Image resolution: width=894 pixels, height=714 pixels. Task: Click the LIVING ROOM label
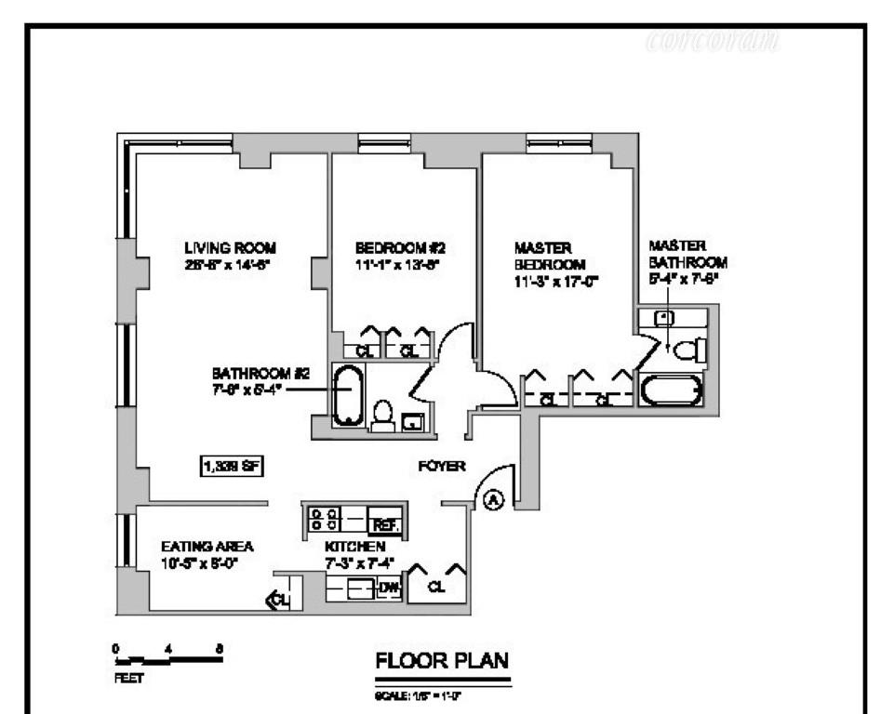point(230,248)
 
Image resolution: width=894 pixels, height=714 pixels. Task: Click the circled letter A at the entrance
point(495,500)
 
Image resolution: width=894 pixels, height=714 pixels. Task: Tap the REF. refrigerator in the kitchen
point(385,524)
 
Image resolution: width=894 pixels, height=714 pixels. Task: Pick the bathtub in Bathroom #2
point(348,396)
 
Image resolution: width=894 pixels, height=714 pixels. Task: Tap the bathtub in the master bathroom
point(671,390)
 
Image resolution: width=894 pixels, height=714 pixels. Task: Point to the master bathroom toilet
point(690,350)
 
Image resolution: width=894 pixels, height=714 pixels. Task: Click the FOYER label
point(442,467)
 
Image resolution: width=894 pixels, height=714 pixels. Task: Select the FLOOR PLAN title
point(442,662)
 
